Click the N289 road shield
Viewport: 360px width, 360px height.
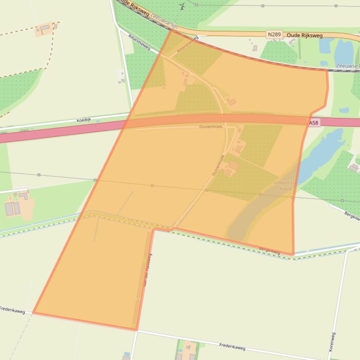click(274, 35)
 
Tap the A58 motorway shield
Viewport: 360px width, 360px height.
click(314, 122)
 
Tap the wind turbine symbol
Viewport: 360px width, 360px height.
click(182, 7)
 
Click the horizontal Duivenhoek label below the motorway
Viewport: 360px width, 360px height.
click(211, 127)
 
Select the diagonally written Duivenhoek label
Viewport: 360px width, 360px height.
click(218, 165)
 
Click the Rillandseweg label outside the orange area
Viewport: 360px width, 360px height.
click(139, 43)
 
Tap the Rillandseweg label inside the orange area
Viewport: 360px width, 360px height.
click(188, 43)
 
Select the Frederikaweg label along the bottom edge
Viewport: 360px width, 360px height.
click(232, 346)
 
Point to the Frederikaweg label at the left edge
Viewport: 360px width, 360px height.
click(11, 310)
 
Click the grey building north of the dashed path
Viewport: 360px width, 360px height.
click(45, 29)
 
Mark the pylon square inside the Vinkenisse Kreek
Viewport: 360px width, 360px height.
click(260, 194)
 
